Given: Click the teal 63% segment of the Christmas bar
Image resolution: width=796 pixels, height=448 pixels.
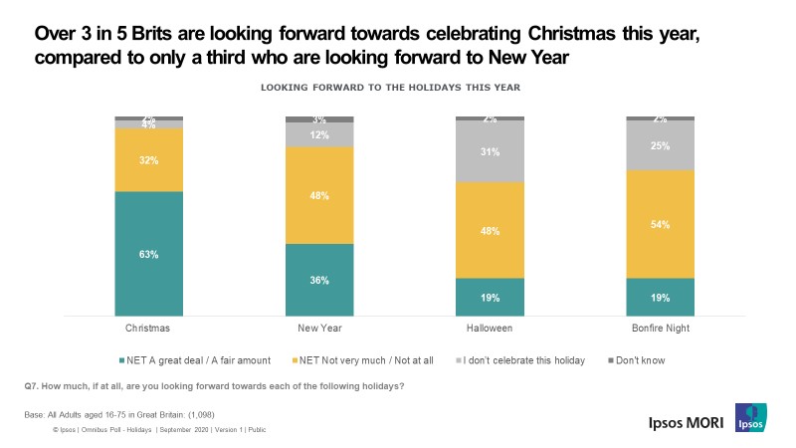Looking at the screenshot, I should (x=148, y=255).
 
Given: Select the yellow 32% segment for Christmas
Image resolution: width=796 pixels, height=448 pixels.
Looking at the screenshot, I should (x=148, y=159).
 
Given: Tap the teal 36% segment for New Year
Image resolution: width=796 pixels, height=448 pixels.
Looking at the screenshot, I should (x=318, y=281).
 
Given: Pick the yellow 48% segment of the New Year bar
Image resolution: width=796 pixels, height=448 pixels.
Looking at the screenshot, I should (x=318, y=195).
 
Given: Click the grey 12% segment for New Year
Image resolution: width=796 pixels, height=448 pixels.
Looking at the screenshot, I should (x=318, y=134).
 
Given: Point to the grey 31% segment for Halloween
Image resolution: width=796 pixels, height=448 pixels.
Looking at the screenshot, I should (x=490, y=151).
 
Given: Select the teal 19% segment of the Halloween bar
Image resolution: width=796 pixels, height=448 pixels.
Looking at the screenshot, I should (x=490, y=298).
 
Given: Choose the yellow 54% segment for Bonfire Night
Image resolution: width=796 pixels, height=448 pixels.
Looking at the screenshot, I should (x=660, y=224).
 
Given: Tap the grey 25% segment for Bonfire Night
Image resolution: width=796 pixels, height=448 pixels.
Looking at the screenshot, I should (x=660, y=145).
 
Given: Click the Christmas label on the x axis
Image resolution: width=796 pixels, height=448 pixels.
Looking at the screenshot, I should (x=148, y=327).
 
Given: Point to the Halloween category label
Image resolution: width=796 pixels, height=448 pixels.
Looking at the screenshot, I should (x=490, y=327).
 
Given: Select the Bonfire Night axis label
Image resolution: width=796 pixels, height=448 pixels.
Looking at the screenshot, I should (x=660, y=327).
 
